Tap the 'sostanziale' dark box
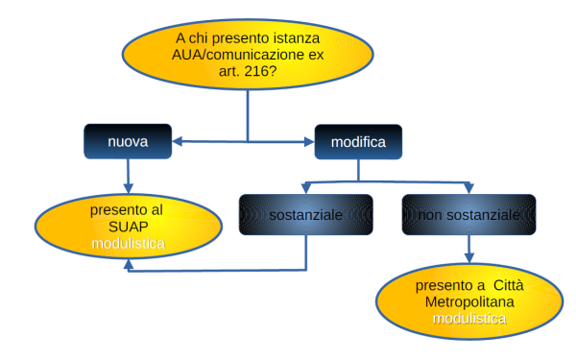point(305,216)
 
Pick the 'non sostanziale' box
point(468,216)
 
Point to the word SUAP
point(128,227)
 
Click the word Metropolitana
point(468,302)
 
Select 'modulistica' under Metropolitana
point(468,319)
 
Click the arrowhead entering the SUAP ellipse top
point(128,189)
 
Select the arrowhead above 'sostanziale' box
point(305,186)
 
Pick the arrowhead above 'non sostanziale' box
point(468,186)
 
